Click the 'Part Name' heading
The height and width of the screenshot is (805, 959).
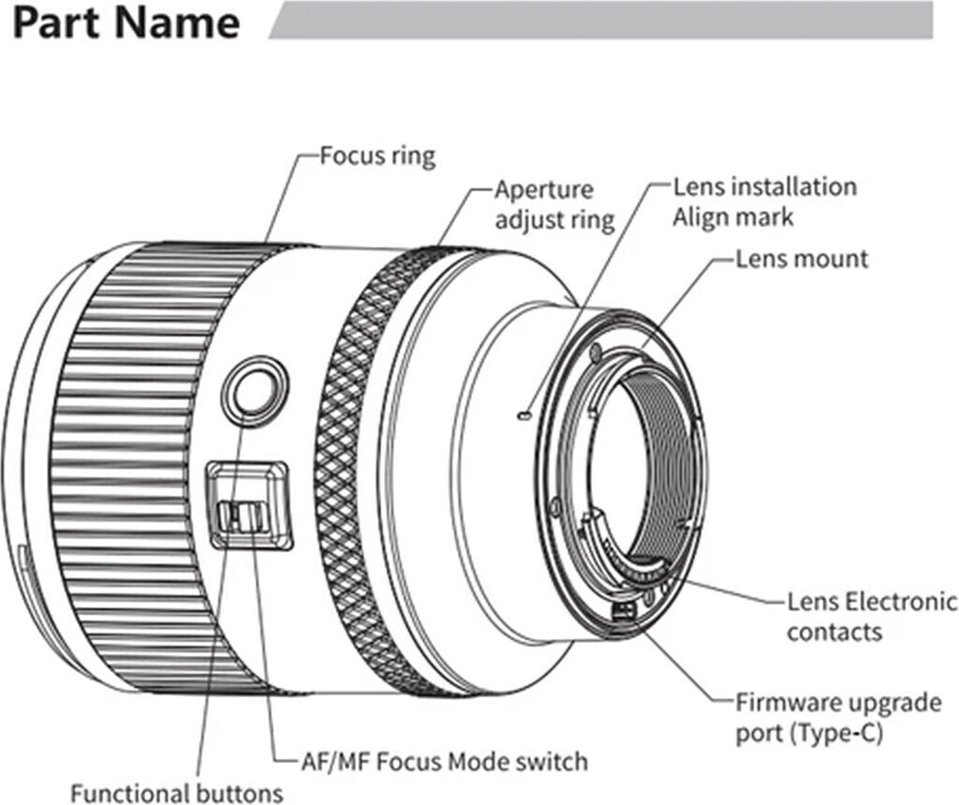(x=126, y=23)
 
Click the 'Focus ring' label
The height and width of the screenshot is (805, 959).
(x=377, y=155)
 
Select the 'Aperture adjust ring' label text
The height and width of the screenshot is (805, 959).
(x=554, y=204)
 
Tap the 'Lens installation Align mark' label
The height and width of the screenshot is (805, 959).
(x=764, y=201)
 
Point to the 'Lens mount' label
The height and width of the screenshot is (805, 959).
(x=802, y=258)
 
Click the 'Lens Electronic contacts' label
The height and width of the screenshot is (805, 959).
(x=872, y=616)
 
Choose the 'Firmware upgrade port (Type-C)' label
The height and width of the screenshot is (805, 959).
(x=838, y=717)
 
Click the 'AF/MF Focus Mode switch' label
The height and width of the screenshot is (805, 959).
(x=445, y=760)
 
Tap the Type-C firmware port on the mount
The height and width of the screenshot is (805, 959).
(x=622, y=611)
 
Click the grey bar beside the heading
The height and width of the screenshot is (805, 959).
(x=599, y=20)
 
